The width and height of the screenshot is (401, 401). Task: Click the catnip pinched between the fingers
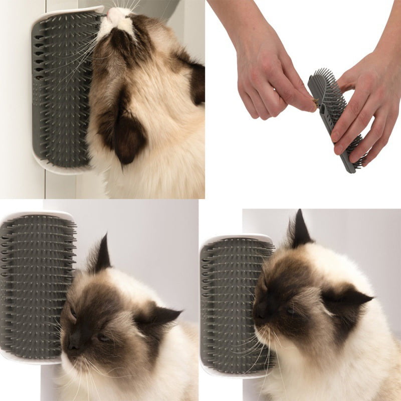(314, 102)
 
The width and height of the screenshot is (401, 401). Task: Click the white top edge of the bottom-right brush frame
(236, 238)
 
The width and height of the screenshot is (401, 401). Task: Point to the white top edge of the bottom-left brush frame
(38, 214)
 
